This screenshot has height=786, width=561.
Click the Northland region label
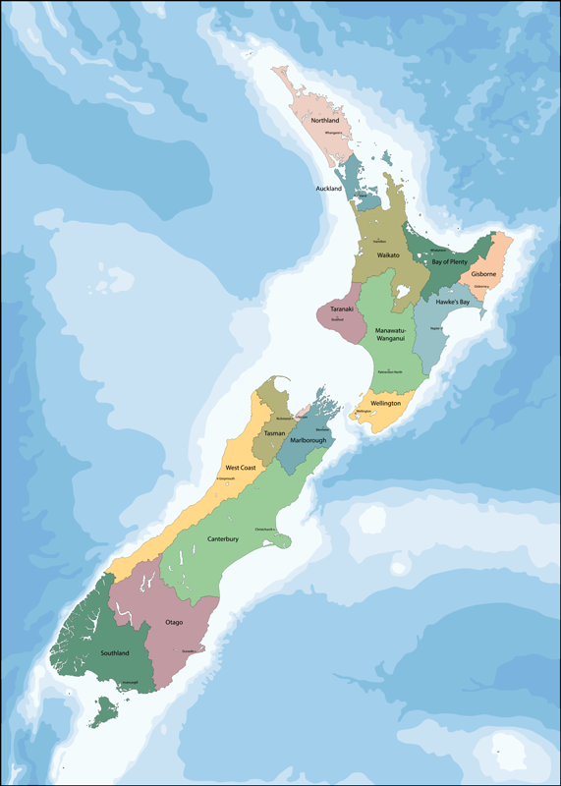[324, 120]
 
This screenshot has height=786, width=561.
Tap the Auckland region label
[328, 188]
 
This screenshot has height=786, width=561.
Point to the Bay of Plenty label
[449, 261]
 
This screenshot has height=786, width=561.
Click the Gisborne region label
[483, 273]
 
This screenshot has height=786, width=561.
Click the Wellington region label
[385, 404]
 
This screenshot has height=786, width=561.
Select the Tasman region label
[274, 432]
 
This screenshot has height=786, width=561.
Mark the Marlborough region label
[307, 440]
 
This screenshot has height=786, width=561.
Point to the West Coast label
[241, 468]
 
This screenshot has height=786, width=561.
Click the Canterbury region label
[223, 539]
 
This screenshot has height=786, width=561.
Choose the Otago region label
[174, 622]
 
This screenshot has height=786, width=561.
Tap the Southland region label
[114, 652]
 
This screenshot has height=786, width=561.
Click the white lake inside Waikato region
[401, 291]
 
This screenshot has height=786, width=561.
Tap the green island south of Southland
[103, 710]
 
